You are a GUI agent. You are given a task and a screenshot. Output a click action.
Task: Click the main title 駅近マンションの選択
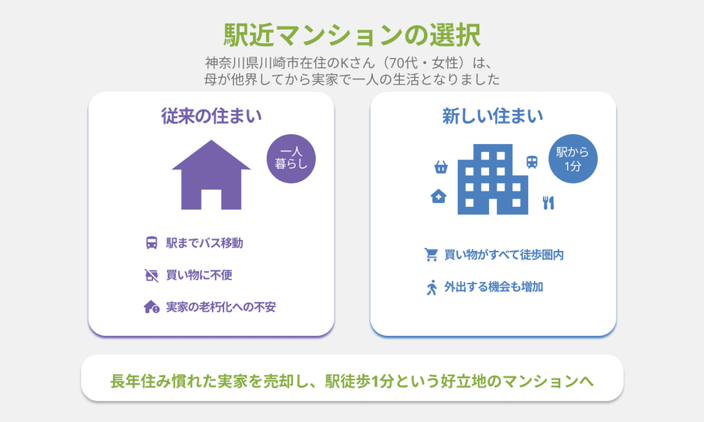[x=352, y=35]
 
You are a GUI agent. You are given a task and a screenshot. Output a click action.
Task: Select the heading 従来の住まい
[x=211, y=116]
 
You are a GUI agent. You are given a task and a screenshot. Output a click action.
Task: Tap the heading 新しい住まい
[x=493, y=116]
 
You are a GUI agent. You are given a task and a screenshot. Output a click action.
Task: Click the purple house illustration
[x=211, y=175]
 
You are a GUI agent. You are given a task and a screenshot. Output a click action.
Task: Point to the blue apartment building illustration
[x=493, y=179]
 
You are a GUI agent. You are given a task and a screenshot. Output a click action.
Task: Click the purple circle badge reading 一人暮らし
[x=291, y=159]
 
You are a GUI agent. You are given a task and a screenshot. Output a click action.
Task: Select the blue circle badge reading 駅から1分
[x=573, y=159]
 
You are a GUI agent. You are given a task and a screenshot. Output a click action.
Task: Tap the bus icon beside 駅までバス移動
[x=152, y=243]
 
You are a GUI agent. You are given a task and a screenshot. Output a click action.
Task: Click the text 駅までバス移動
[x=204, y=243]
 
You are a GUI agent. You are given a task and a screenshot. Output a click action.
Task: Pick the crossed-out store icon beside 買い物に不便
[x=152, y=275]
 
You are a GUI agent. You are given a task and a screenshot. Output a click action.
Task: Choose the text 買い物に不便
[x=199, y=275]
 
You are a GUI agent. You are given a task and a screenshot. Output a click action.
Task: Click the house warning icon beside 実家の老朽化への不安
[x=152, y=307]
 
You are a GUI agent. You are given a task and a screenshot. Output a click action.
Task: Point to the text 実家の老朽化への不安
[x=221, y=307]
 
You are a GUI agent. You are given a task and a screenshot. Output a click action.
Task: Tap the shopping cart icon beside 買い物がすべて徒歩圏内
[x=431, y=255]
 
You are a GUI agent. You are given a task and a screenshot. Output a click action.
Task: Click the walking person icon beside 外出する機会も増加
[x=431, y=287]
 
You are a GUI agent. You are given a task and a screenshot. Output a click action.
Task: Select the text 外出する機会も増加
[x=494, y=287]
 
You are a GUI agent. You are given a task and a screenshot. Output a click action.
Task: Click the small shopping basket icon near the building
[x=441, y=167]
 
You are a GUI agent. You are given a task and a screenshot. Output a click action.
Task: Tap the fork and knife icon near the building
[x=548, y=202]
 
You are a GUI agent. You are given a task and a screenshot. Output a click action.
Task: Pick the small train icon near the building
[x=532, y=162]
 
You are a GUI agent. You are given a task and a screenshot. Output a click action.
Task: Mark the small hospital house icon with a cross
[x=439, y=196]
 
